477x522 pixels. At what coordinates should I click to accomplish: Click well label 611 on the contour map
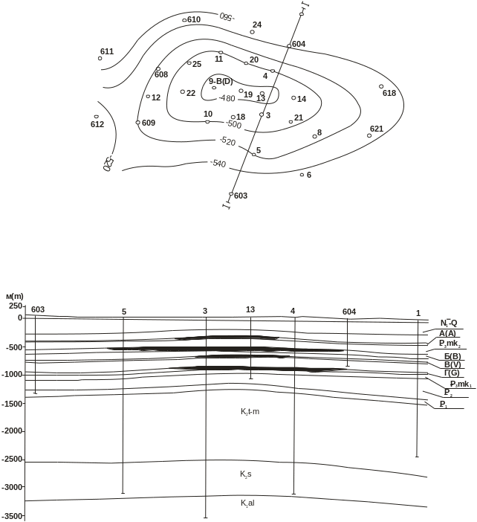pyautogui.click(x=108, y=51)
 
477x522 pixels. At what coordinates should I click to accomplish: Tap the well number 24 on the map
pyautogui.click(x=257, y=25)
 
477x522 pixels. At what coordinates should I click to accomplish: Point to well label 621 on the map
pyautogui.click(x=377, y=129)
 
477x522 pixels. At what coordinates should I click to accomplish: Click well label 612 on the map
pyautogui.click(x=97, y=124)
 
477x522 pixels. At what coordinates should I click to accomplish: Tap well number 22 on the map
pyautogui.click(x=191, y=93)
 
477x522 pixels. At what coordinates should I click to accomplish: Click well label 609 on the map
pyautogui.click(x=148, y=123)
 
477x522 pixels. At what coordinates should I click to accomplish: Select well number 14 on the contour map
pyautogui.click(x=302, y=98)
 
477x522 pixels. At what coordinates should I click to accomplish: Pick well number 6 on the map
pyautogui.click(x=309, y=175)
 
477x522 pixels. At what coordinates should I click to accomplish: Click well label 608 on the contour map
pyautogui.click(x=161, y=74)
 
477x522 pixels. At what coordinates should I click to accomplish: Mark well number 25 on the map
pyautogui.click(x=197, y=64)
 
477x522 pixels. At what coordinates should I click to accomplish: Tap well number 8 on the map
pyautogui.click(x=319, y=132)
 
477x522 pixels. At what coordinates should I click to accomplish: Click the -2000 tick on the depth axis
pyautogui.click(x=12, y=431)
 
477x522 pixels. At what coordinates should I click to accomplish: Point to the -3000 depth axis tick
pyautogui.click(x=12, y=487)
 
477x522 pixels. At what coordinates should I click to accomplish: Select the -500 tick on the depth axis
pyautogui.click(x=14, y=347)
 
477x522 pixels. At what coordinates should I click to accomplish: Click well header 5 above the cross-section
pyautogui.click(x=123, y=312)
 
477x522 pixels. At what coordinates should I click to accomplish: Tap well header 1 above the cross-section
pyautogui.click(x=418, y=312)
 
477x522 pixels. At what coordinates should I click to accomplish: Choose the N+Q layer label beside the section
pyautogui.click(x=448, y=323)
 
